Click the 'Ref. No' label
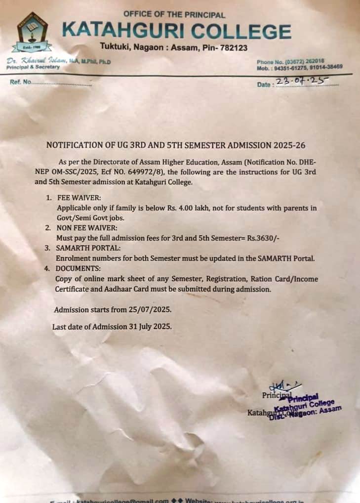(21, 82)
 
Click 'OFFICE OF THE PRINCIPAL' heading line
(174, 15)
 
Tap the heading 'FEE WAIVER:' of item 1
(77, 198)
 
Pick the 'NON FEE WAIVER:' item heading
(85, 228)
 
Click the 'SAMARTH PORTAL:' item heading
(85, 248)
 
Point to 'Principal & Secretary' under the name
(33, 67)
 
